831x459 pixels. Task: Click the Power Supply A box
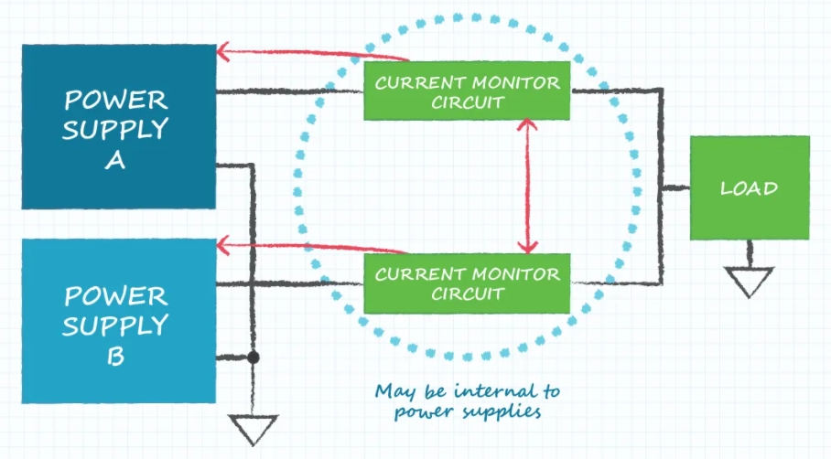tap(119, 126)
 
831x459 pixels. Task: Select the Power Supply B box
tap(119, 321)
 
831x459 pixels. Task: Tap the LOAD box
tap(750, 188)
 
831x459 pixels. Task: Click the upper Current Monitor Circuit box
tap(467, 91)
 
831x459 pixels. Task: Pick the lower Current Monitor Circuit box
tap(467, 283)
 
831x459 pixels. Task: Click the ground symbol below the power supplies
tap(254, 430)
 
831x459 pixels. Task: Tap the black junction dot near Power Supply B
tap(254, 358)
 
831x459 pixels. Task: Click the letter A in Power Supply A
tap(115, 160)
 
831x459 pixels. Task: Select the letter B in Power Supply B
tap(115, 356)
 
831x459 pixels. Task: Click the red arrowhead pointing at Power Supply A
tap(223, 52)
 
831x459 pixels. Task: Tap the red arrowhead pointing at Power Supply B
tap(223, 246)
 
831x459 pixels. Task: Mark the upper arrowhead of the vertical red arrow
tap(527, 125)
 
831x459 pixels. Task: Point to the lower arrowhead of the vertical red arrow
tap(527, 247)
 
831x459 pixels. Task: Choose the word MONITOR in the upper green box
tap(515, 82)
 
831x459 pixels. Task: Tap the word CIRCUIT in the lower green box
tap(468, 294)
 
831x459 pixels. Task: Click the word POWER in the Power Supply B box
tap(116, 296)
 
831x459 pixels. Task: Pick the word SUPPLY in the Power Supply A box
tap(115, 129)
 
